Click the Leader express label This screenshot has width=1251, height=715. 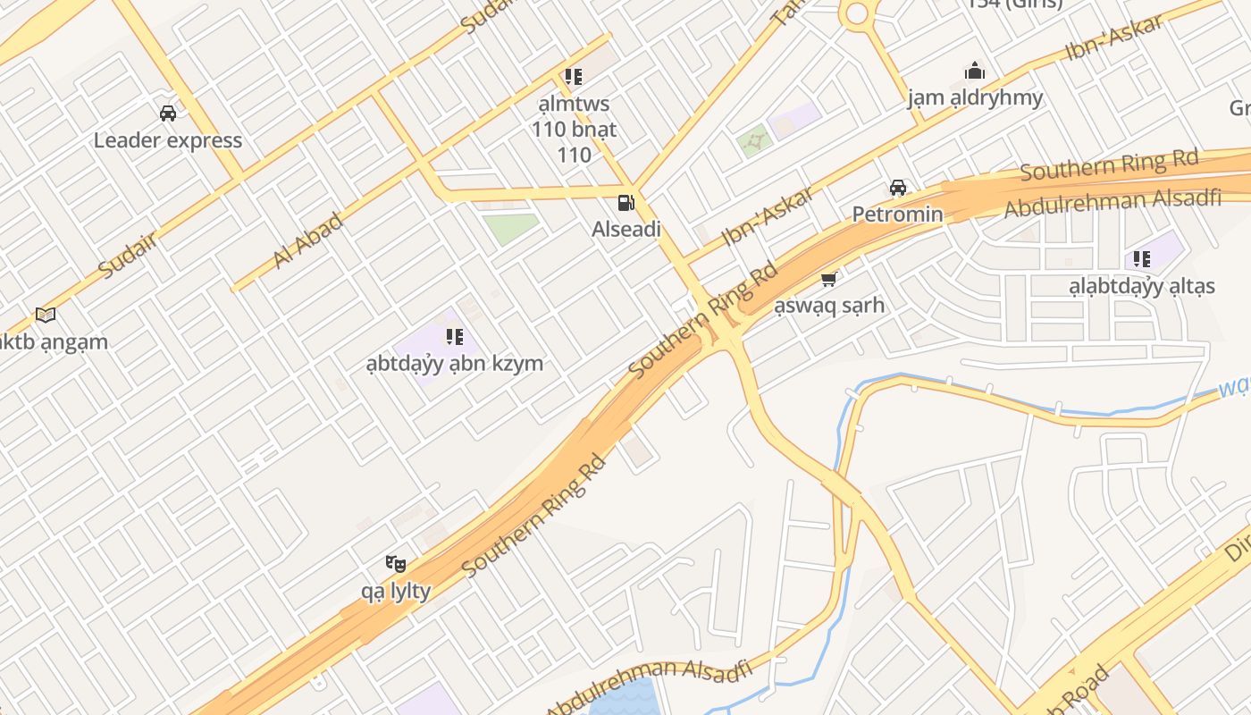[168, 140]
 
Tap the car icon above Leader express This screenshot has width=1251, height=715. [168, 114]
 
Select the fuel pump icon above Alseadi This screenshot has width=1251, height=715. [626, 203]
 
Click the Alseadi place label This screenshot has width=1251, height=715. [626, 230]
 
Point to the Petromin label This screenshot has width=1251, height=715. [897, 214]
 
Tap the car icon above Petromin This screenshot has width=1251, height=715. [898, 188]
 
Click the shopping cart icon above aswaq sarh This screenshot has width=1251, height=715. [829, 280]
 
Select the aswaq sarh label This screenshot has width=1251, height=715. [829, 306]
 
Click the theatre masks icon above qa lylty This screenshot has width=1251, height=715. [396, 563]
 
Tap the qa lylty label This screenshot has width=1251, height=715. [396, 591]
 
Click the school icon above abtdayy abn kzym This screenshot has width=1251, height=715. [455, 337]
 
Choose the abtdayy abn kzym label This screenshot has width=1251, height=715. [455, 364]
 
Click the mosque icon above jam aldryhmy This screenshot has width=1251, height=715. [975, 71]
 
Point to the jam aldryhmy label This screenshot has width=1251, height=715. [975, 97]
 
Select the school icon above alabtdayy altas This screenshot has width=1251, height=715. [1142, 259]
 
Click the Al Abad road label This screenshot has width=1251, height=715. [308, 240]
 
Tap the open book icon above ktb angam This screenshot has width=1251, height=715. [46, 315]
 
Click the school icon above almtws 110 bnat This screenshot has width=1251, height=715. [574, 77]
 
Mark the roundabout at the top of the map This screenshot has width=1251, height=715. [856, 12]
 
